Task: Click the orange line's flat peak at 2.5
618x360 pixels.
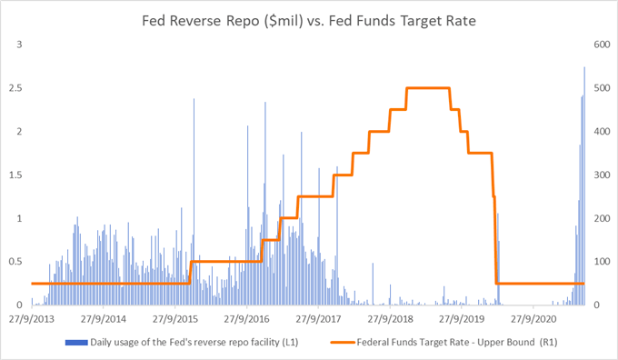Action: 428,88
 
